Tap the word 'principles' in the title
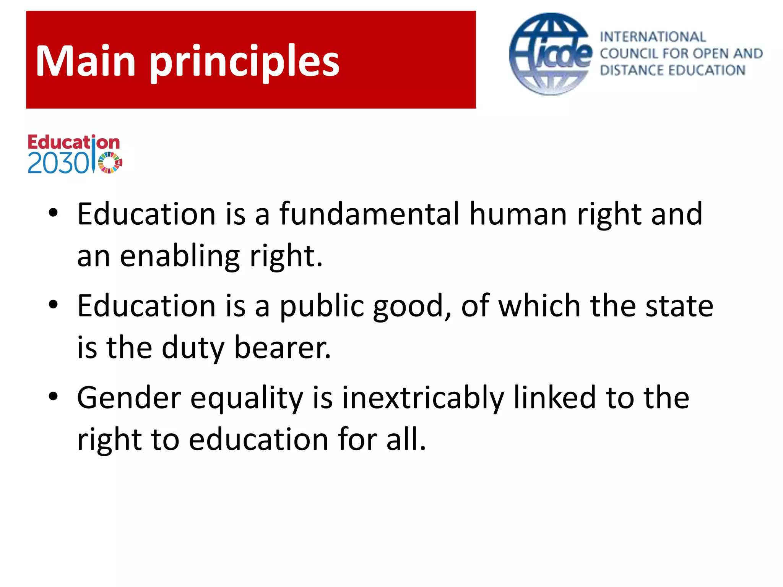(x=245, y=63)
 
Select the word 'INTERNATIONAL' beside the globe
(x=653, y=37)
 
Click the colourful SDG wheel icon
(x=110, y=163)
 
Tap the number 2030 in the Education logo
(x=58, y=164)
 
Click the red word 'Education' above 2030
(x=73, y=143)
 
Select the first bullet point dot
(x=53, y=213)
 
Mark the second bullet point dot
(x=53, y=305)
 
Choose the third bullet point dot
(x=53, y=397)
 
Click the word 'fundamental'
(x=369, y=214)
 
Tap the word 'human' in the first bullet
(x=518, y=214)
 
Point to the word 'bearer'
(x=281, y=348)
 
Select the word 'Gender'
(x=129, y=398)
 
